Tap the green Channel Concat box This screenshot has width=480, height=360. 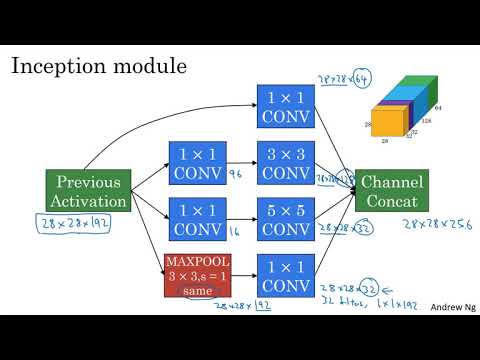pos(392,191)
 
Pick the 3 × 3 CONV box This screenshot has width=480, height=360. pos(286,163)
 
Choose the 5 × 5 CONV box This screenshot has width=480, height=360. pos(286,219)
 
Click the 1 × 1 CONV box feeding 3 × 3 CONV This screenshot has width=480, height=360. pos(198,163)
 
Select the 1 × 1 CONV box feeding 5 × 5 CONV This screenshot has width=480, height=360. pos(198,219)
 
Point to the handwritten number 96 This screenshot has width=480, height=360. pos(238,173)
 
